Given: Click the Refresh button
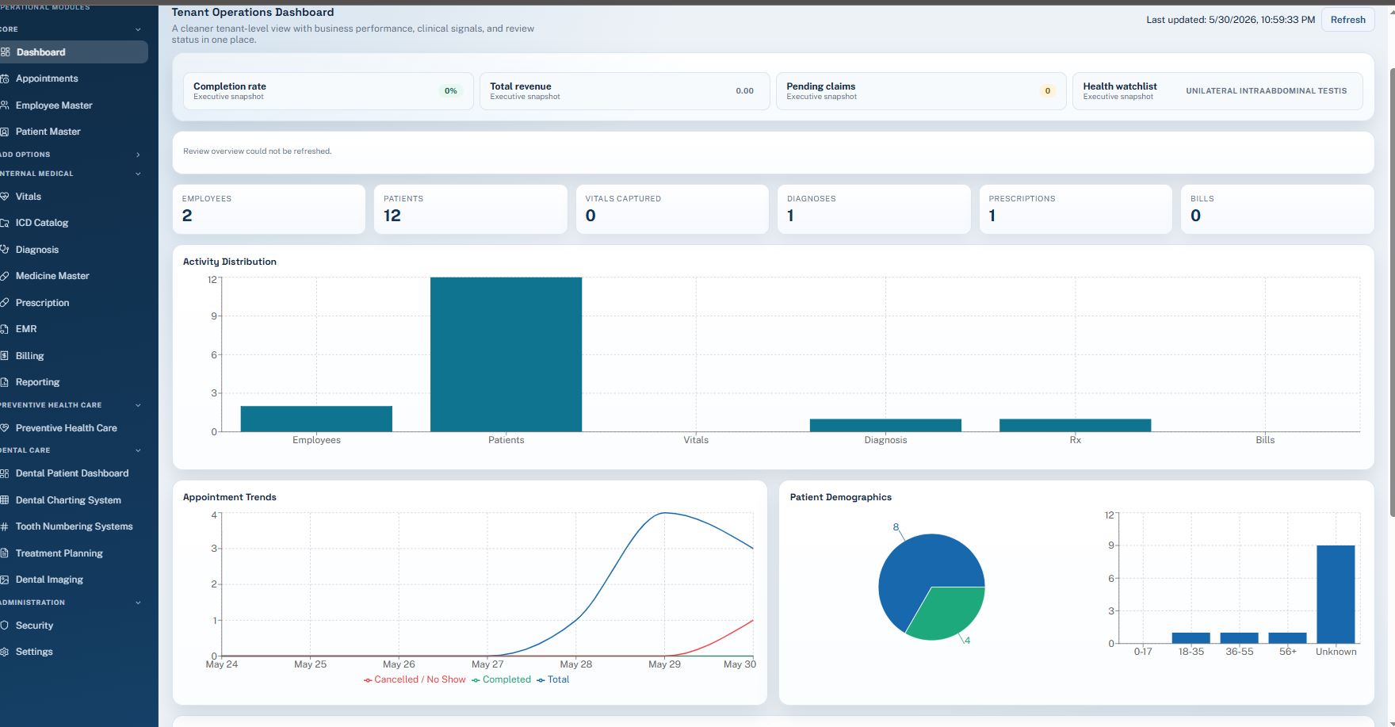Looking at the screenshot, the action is pos(1347,20).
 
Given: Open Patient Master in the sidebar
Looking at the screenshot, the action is pos(48,132).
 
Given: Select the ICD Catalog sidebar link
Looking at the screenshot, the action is pos(42,223).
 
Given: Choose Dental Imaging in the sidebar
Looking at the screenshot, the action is pos(49,580).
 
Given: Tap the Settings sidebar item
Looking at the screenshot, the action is pos(34,652).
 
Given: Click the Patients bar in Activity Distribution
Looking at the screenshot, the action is pos(506,354).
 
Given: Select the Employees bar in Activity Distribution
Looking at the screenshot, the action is pos(316,419).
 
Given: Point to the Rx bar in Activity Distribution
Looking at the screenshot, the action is pos(1075,425).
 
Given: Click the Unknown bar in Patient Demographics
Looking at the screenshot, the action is pos(1336,594).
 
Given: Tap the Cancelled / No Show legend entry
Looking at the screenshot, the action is pos(415,679).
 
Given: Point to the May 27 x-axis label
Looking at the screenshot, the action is pos(487,664).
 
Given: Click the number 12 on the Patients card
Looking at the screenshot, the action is pos(392,216).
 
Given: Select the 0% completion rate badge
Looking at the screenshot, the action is pos(451,91).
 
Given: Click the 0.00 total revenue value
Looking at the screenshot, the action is pos(744,91).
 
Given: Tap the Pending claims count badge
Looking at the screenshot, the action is pos(1047,91).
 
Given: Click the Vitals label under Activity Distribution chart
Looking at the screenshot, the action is pos(696,440).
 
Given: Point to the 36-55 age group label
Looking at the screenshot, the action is pos(1240,652).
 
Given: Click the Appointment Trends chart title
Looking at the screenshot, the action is pos(230,497).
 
